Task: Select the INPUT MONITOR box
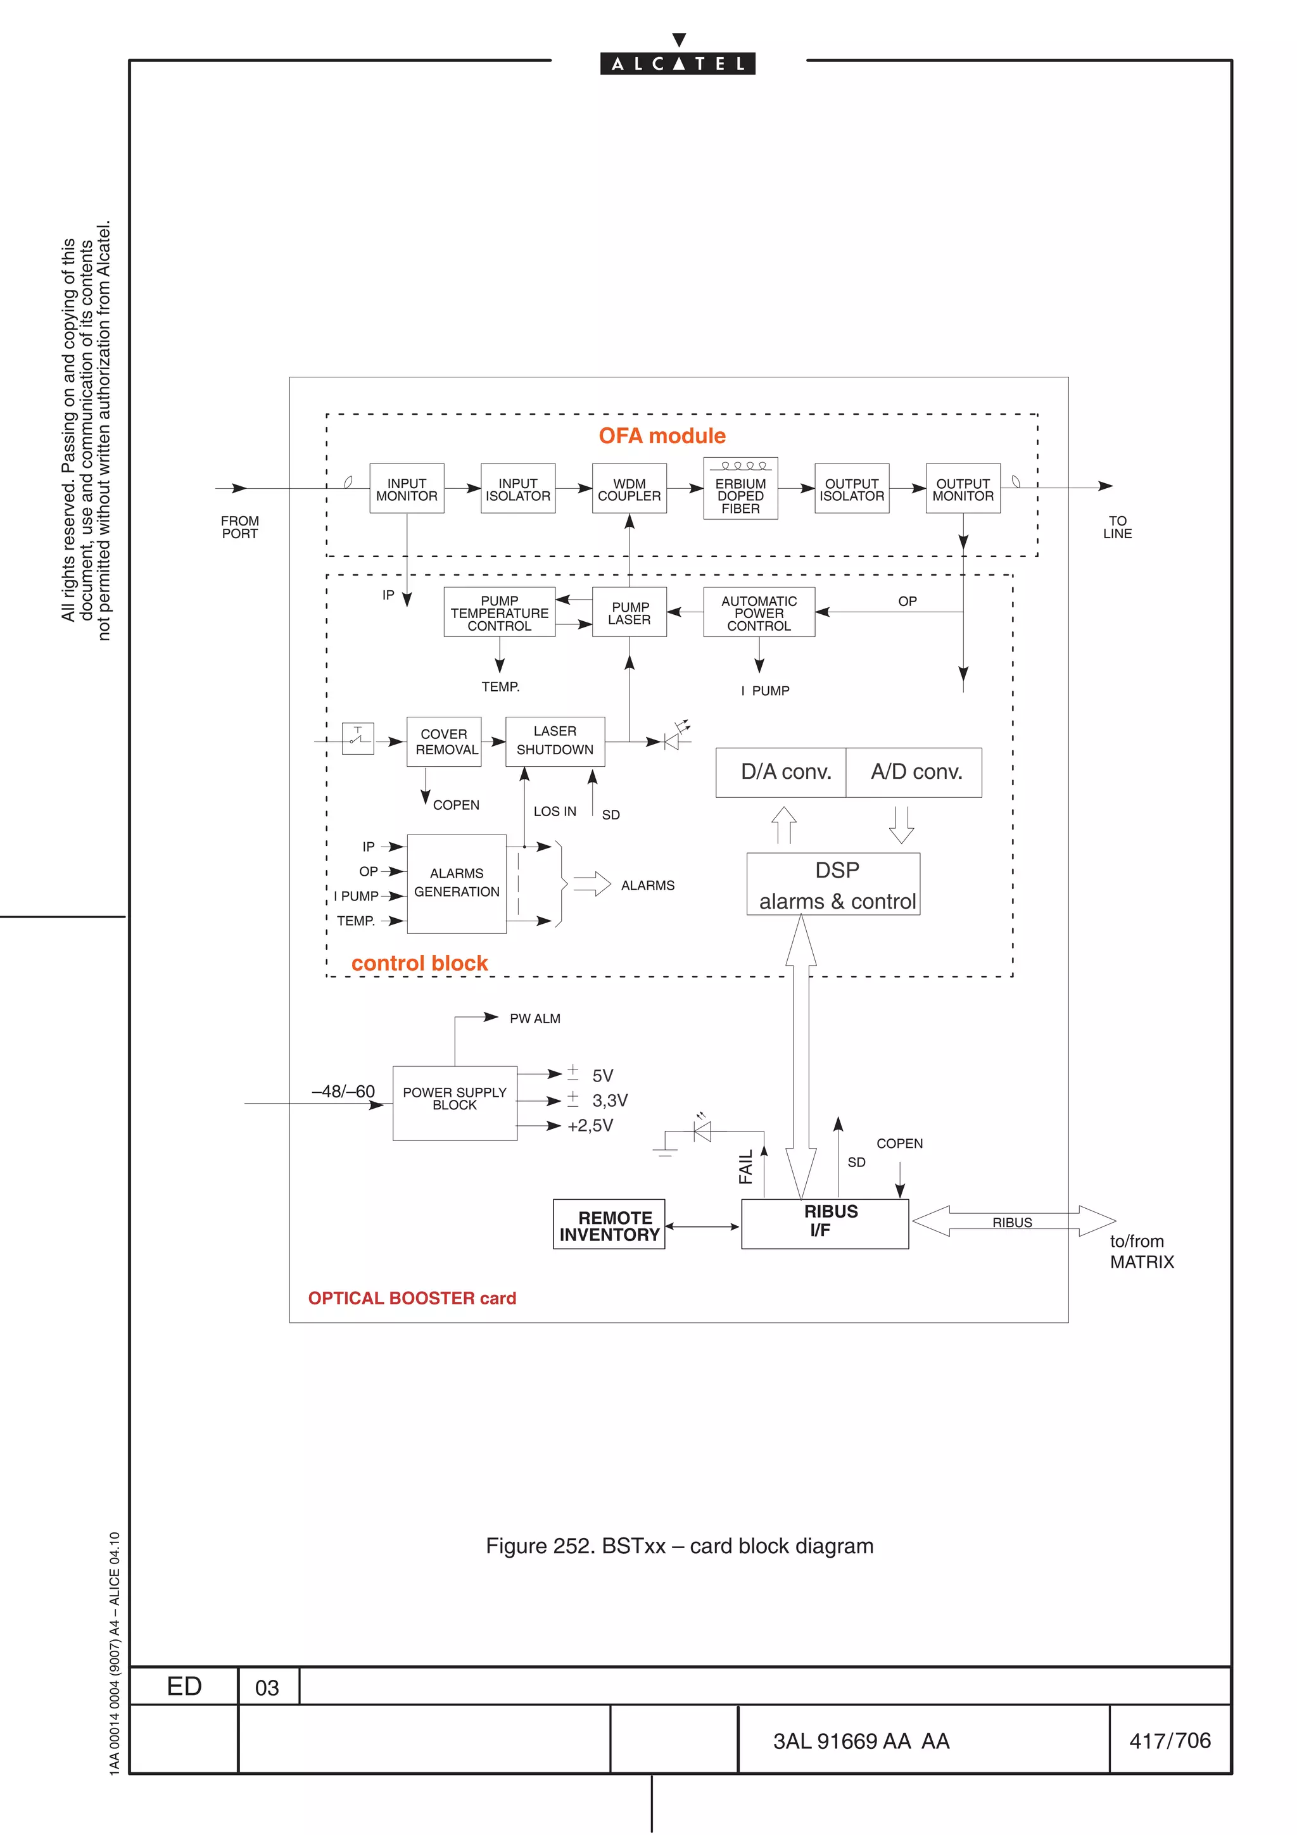pos(406,488)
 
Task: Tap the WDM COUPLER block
pos(629,488)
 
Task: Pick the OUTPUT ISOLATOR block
pos(851,488)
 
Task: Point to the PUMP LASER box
pos(629,612)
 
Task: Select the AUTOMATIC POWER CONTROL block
pos(759,612)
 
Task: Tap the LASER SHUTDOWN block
pos(555,741)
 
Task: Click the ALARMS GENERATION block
pos(457,883)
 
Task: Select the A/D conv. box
pos(914,772)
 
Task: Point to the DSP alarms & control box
pos(833,883)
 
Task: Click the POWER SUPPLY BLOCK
pos(454,1102)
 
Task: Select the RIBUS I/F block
pos(824,1223)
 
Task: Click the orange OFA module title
pos(662,436)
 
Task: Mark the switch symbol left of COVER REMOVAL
pos(357,738)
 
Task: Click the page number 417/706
pos(1169,1740)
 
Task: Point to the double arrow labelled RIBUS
pos(1013,1221)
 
